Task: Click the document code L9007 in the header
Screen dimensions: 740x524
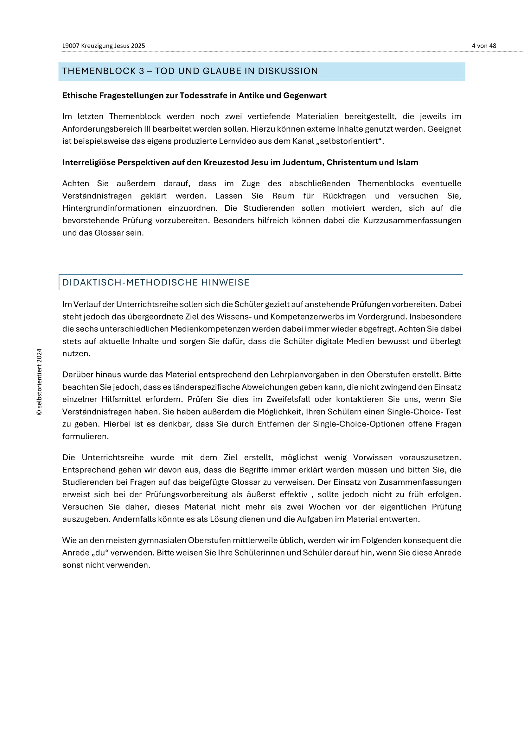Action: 71,46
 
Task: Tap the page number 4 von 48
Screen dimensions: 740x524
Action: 484,46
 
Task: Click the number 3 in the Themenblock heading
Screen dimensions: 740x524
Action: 141,71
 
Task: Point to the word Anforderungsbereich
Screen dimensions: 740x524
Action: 102,129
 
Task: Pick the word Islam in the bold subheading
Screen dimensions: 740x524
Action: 407,162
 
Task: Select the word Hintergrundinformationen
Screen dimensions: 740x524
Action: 112,208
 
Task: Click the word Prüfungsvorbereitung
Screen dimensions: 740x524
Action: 187,495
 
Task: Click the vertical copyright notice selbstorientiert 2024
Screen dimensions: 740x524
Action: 39,382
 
